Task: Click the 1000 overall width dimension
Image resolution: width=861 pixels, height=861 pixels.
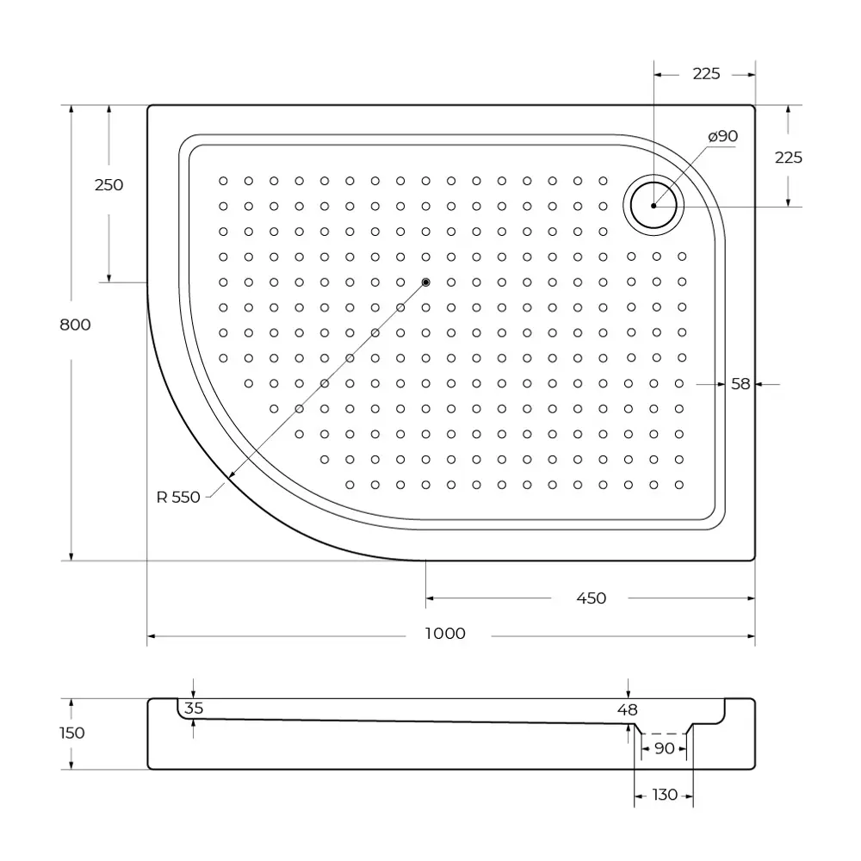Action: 445,635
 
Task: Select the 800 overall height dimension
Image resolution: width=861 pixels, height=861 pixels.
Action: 75,325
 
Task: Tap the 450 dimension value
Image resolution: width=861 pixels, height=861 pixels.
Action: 592,598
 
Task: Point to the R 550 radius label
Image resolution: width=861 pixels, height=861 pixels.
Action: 178,497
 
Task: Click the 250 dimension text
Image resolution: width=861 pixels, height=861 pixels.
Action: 109,185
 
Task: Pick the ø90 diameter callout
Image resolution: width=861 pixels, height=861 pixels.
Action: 722,136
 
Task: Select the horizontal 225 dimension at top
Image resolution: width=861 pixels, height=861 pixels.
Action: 705,74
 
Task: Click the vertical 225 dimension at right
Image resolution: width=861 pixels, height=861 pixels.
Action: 789,158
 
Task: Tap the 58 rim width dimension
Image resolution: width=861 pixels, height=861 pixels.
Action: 740,384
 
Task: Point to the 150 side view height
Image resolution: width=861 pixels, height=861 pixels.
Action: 73,733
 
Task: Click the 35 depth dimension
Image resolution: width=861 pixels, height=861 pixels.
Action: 195,709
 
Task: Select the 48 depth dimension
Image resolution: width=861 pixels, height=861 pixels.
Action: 628,710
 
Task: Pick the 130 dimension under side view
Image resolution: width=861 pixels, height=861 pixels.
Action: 664,795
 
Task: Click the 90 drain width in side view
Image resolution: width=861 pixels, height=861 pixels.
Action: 664,749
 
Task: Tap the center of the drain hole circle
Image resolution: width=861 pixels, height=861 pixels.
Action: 653,206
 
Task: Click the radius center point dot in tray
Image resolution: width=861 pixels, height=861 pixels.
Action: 425,282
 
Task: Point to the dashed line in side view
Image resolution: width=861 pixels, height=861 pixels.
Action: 664,734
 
